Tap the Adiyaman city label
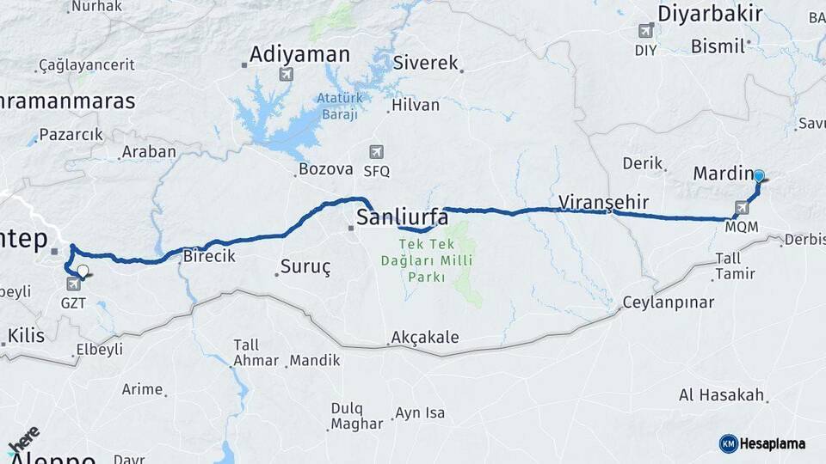299,55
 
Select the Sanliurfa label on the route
402,217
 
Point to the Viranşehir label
603,202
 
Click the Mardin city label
721,174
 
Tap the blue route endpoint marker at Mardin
759,176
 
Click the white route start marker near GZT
82,272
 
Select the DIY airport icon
646,31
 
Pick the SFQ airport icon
376,152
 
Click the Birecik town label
210,255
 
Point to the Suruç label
305,267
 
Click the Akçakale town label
424,338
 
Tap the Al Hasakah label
721,395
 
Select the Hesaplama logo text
773,443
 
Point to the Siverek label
426,63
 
